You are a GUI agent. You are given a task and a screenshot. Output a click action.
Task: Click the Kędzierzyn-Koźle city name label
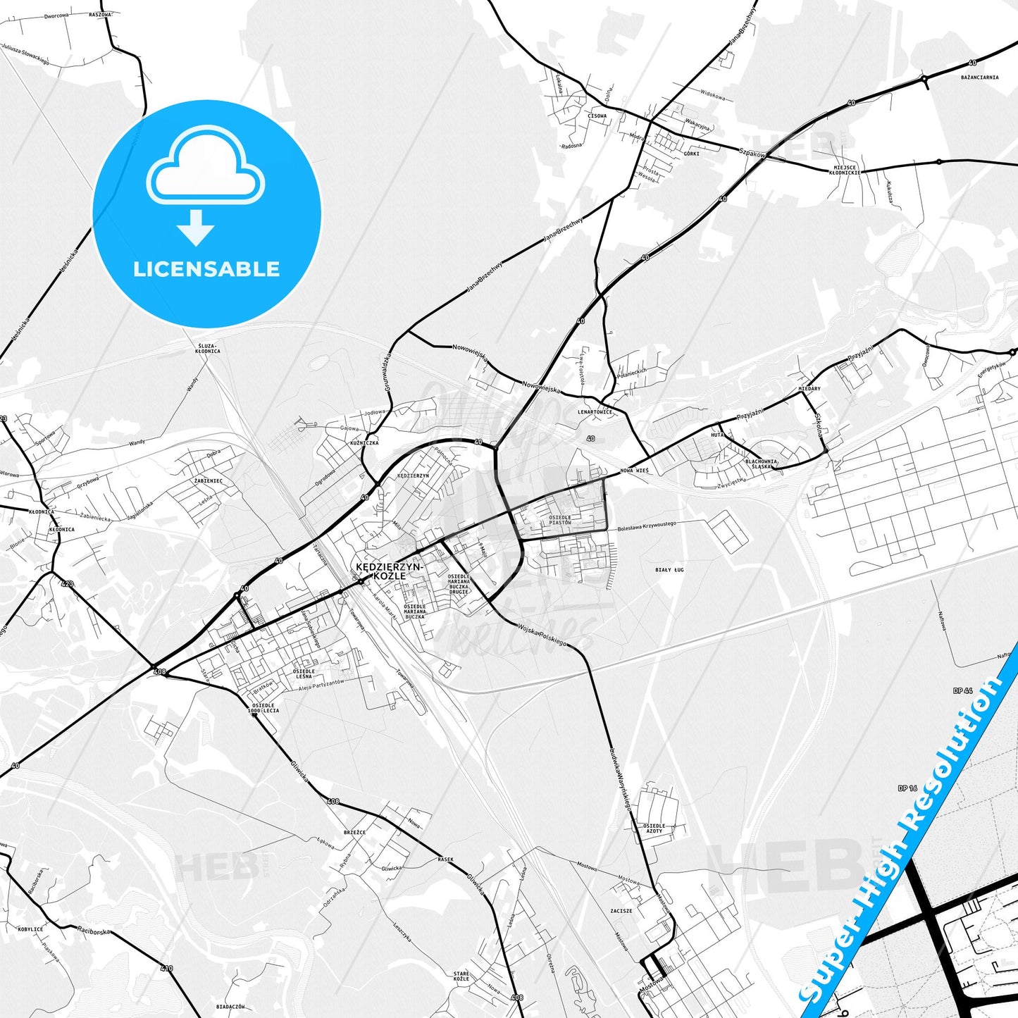389,571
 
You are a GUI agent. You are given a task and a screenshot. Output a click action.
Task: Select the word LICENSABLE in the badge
206,269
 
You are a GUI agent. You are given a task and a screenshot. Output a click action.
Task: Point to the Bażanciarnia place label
979,77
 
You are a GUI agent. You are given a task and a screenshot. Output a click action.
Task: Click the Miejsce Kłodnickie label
844,170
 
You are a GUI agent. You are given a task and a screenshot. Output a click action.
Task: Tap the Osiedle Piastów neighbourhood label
560,520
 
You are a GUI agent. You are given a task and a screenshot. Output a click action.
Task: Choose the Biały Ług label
669,569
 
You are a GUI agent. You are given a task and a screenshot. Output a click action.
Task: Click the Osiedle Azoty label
654,828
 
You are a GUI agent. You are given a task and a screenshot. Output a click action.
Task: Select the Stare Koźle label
461,976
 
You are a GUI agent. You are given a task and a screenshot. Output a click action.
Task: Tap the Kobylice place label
30,929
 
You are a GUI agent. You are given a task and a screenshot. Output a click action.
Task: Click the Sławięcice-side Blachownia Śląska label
761,464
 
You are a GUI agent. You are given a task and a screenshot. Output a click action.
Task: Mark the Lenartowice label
595,411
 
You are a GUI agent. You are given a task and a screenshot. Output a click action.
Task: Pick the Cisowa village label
597,116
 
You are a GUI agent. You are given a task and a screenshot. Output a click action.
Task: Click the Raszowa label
100,14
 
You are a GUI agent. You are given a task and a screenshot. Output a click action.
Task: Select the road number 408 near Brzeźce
333,801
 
